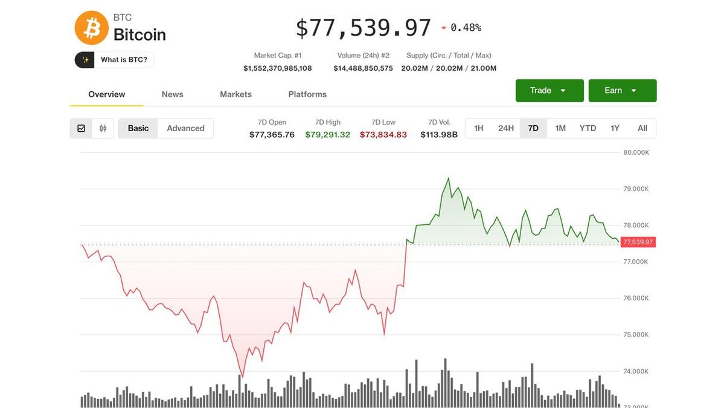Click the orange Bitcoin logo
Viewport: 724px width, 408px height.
[91, 28]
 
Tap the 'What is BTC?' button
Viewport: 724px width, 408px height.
[115, 60]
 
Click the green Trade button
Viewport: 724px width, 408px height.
[549, 91]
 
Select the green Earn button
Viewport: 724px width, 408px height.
[622, 91]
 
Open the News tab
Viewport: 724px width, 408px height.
[172, 94]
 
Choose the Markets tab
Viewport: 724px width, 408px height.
[235, 94]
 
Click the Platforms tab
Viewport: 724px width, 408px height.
[307, 94]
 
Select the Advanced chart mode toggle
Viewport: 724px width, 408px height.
[185, 128]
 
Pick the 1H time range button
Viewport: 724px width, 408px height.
[479, 128]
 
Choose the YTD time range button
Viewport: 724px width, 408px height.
[588, 128]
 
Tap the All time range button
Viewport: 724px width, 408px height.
[642, 128]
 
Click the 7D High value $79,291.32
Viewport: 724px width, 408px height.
[327, 135]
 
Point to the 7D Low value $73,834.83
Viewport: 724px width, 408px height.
[383, 135]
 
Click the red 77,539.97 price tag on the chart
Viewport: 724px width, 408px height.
[638, 242]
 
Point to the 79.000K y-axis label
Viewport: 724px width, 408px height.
[636, 189]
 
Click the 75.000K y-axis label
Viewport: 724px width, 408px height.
[636, 334]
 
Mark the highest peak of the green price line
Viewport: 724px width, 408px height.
[448, 178]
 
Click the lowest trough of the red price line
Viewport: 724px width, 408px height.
[242, 377]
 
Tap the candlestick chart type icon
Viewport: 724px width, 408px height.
[103, 128]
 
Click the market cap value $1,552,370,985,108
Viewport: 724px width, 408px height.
[278, 68]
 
